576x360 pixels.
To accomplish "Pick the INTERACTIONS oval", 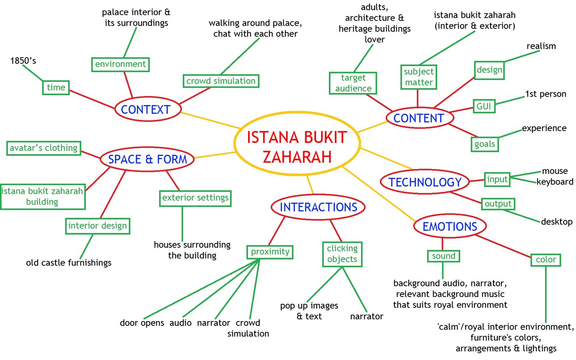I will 318,207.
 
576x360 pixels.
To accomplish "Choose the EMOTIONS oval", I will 450,226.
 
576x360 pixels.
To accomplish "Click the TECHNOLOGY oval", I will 425,182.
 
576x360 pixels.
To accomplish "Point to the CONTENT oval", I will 419,118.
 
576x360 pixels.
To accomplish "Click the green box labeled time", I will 56,87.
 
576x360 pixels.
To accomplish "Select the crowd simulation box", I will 221,81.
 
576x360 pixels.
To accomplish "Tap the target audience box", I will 353,83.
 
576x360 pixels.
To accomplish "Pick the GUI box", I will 483,106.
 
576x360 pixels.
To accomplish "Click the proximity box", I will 270,252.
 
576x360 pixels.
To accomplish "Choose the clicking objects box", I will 342,254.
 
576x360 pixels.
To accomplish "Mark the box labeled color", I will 546,260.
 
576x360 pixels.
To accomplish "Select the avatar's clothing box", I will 44,148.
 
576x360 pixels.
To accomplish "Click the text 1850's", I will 23,60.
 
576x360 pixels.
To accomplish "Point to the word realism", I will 541,46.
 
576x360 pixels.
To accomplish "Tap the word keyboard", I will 555,182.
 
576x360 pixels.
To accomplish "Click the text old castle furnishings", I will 69,263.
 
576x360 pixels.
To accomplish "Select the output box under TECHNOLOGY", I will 498,204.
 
